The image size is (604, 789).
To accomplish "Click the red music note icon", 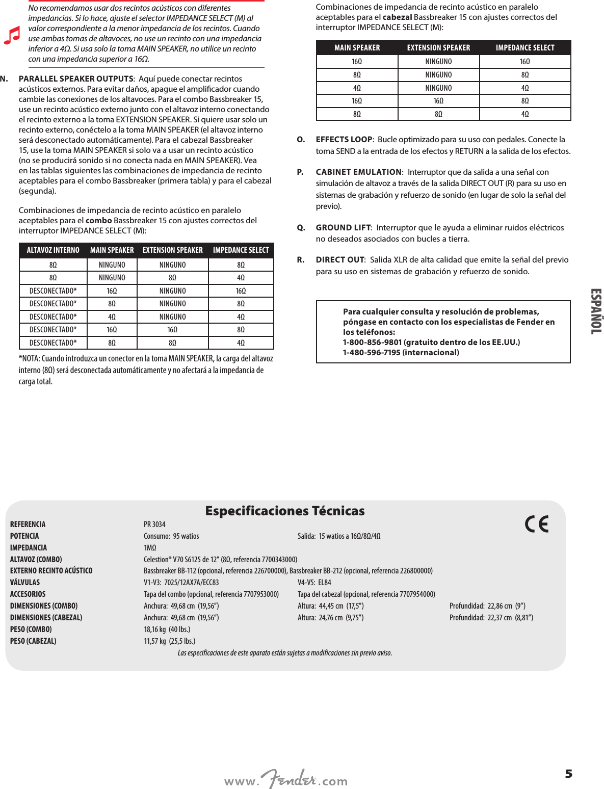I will pos(12,35).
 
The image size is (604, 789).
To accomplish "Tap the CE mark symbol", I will pos(537,524).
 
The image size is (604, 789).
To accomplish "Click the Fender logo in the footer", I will pos(289,779).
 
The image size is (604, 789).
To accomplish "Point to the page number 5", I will pos(568,774).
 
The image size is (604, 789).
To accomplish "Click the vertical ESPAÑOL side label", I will pos(595,311).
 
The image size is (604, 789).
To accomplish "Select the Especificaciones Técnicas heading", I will pos(285,511).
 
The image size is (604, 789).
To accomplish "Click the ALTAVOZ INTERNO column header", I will pos(53,250).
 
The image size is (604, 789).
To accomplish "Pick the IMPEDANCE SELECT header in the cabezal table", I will pos(525,48).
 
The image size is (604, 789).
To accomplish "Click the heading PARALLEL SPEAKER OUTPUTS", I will pos(76,79).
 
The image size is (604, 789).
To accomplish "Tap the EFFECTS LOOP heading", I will pos(344,140).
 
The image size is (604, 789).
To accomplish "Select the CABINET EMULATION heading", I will pos(359,172).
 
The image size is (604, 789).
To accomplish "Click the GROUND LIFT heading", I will pos(343,228).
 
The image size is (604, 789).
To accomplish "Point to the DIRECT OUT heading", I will pos(340,260).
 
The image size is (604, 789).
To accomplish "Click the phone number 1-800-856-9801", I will pos(373,343).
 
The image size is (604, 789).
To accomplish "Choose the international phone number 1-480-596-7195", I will pos(372,353).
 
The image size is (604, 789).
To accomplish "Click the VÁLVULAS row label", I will pos(25,583).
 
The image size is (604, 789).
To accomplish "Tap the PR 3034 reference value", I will pos(154,524).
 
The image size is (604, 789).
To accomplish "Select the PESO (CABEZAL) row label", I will pos(33,641).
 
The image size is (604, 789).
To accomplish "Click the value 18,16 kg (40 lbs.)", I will pos(167,629).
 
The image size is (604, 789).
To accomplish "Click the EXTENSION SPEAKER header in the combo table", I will pos(173,250).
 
